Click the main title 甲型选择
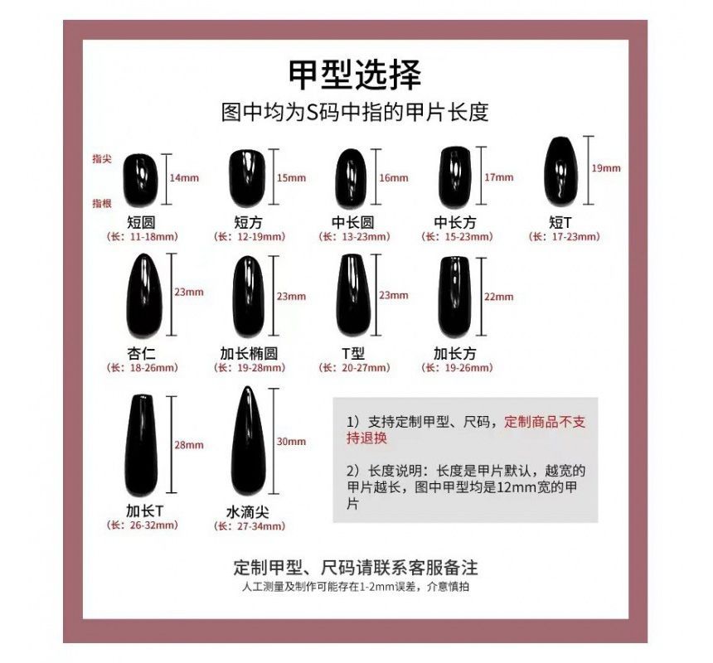coord(355,75)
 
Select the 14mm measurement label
coord(184,178)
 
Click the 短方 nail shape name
coord(249,222)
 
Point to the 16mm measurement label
coord(394,177)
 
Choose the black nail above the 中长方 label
coord(454,176)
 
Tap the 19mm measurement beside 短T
coord(606,168)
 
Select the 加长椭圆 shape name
coord(249,353)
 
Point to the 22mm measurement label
coord(498,297)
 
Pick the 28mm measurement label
coord(188,445)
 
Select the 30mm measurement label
coord(291,442)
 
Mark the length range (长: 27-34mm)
coord(250,526)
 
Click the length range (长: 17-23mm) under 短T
coord(564,237)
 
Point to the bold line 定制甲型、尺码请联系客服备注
coord(356,569)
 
